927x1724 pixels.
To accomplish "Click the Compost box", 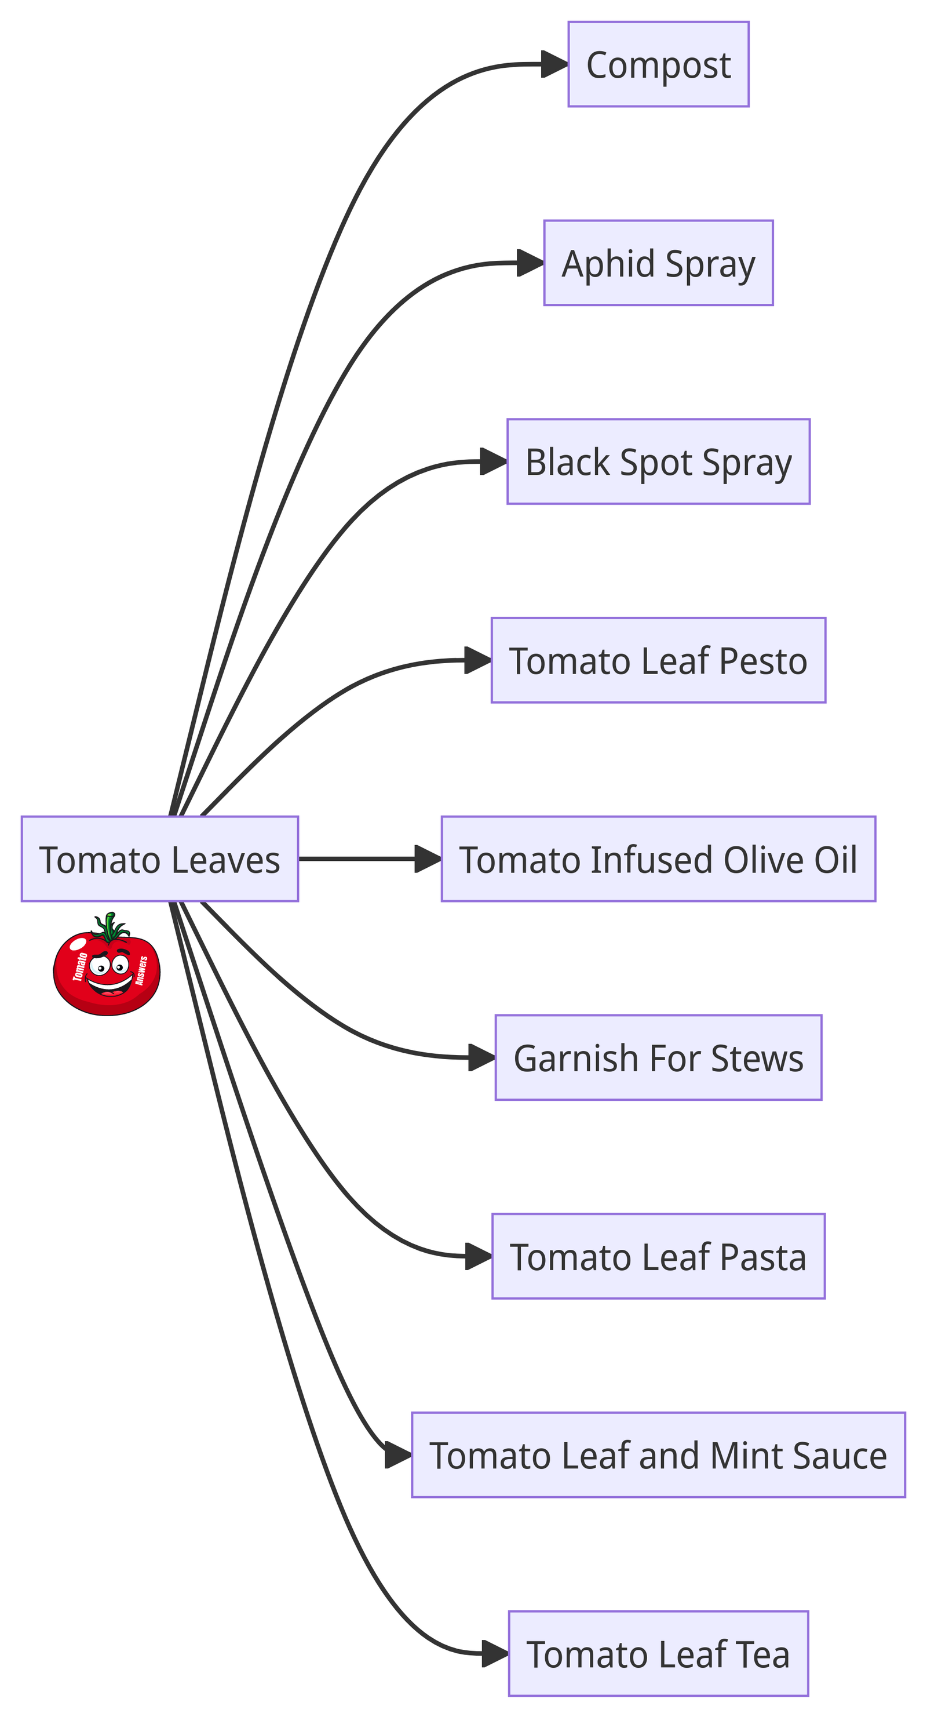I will tap(658, 64).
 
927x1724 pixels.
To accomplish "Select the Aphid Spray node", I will tap(658, 263).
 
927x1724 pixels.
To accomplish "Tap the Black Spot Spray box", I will tap(658, 462).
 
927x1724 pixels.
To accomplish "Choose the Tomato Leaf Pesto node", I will tap(658, 660).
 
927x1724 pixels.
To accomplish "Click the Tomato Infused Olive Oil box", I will tap(658, 859).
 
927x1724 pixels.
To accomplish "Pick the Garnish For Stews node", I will tap(658, 1057).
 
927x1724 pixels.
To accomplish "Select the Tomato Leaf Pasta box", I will tap(658, 1256).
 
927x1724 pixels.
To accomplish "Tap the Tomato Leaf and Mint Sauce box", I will tap(658, 1455).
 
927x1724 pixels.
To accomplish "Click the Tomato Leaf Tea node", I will tap(658, 1654).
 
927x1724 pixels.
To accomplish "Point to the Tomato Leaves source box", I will tap(159, 859).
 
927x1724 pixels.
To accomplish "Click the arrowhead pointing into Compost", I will tap(555, 64).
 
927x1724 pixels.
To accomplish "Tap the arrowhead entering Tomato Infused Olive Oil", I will tap(428, 859).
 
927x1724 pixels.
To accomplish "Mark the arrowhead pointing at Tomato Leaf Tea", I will tap(495, 1654).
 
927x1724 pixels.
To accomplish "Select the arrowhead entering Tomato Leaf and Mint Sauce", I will tap(399, 1455).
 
